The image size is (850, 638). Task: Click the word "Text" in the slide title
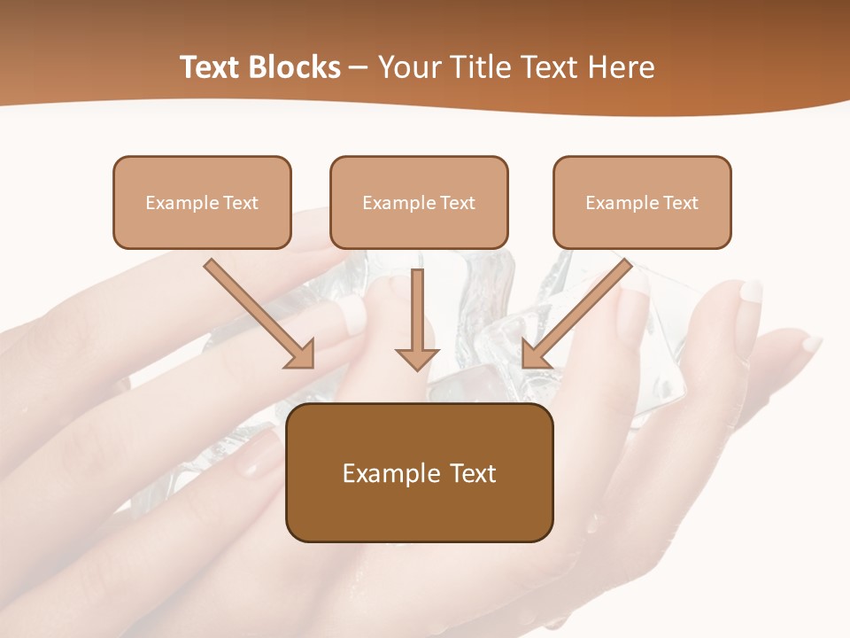(x=211, y=67)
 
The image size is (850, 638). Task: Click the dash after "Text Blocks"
(x=359, y=68)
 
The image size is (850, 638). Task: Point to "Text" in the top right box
(x=680, y=203)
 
